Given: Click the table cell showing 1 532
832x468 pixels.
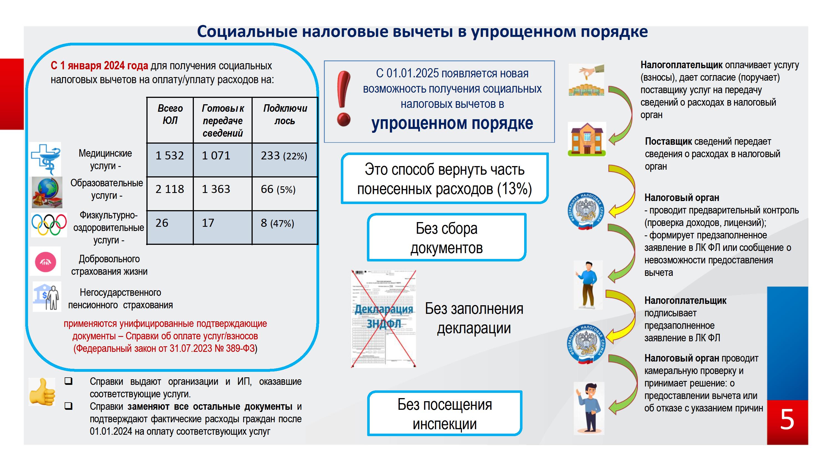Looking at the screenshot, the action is [170, 160].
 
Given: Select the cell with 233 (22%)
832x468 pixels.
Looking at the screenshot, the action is [285, 160].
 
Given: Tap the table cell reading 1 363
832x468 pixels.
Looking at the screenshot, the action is [222, 194].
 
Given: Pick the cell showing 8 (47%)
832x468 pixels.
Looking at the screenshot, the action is [285, 227].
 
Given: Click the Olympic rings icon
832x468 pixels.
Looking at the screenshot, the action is [49, 225].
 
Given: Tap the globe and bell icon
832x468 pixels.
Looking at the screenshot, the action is [47, 192].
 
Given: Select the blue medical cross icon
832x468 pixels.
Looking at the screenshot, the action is [46, 159].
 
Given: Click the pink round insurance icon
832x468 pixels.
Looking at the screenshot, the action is [45, 262].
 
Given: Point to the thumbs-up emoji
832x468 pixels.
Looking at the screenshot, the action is [42, 392].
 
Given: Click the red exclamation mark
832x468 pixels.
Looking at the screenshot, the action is [343, 98].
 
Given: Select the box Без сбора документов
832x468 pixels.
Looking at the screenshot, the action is [447, 237].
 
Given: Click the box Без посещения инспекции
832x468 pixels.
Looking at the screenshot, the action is [445, 413].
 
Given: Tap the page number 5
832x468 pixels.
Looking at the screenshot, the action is [787, 419].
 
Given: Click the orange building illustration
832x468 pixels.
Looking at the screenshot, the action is [587, 139].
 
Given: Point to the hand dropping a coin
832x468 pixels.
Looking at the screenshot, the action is [587, 80].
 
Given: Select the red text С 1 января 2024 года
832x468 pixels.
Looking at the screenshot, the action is [99, 66].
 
